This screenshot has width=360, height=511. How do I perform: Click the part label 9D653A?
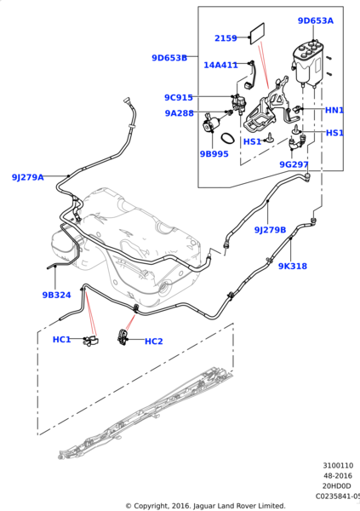[316, 20]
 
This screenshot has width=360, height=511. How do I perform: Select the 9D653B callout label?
[169, 58]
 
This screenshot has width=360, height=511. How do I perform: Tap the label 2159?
[226, 38]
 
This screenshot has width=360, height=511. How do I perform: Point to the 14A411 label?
[220, 66]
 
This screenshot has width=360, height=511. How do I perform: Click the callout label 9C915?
[179, 97]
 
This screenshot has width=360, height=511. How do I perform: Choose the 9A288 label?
[180, 113]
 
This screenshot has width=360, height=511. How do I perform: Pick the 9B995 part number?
[214, 154]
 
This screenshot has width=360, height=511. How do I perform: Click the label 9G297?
[294, 164]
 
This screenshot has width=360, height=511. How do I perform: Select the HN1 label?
[334, 111]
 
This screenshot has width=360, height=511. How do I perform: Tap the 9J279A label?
[28, 177]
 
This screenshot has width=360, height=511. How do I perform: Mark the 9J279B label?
[270, 230]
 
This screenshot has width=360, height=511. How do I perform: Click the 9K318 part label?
[293, 267]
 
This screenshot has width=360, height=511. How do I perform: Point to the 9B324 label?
[57, 295]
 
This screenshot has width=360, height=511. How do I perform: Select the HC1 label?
[61, 340]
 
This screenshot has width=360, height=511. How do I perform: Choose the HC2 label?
[153, 342]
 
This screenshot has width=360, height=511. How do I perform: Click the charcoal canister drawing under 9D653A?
[307, 63]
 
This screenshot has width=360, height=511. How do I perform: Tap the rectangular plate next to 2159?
[257, 33]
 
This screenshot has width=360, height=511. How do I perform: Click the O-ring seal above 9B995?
[227, 139]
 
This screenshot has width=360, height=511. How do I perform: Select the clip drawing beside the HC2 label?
[123, 337]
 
